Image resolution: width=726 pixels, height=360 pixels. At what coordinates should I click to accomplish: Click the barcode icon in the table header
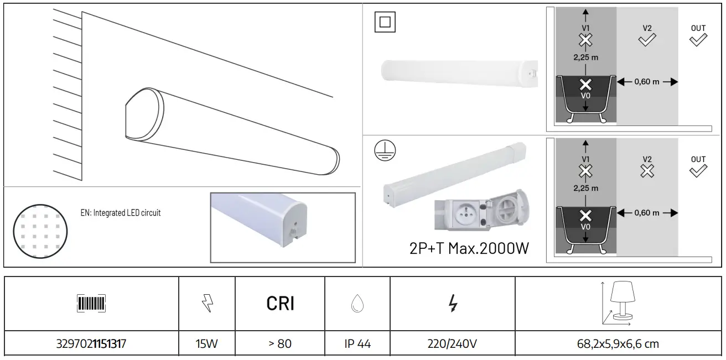click(91, 303)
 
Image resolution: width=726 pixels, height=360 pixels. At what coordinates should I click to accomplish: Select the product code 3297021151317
click(91, 344)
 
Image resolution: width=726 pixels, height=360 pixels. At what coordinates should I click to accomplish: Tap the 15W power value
click(206, 344)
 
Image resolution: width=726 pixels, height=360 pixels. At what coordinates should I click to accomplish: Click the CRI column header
click(280, 303)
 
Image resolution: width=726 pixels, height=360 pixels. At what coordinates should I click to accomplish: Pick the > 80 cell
click(280, 344)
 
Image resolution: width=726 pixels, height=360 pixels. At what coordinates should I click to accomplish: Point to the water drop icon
click(357, 303)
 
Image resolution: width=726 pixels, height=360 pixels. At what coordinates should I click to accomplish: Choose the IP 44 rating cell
click(357, 344)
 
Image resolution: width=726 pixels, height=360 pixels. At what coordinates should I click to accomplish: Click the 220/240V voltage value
click(452, 344)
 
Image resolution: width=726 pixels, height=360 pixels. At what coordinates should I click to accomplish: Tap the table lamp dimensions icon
click(618, 303)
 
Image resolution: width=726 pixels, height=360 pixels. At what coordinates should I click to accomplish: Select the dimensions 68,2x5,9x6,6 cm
click(618, 344)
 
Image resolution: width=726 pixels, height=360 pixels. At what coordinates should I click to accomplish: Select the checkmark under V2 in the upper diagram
click(647, 40)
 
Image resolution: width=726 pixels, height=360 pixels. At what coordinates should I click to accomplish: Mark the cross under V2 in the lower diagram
click(647, 171)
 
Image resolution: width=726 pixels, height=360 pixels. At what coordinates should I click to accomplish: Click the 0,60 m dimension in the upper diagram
click(646, 82)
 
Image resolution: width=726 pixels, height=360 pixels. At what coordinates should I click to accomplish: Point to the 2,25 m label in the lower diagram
click(585, 188)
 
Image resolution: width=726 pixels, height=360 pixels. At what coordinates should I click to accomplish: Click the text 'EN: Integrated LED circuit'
click(120, 213)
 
